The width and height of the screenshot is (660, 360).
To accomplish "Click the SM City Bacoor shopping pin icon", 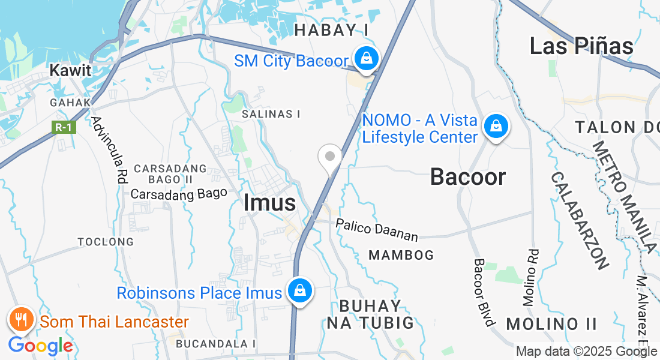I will (x=365, y=59).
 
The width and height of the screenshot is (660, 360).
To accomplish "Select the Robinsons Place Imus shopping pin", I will (x=299, y=292).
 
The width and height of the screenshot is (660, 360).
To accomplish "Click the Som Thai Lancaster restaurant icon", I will (x=22, y=320).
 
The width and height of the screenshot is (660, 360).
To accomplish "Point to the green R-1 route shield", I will (x=64, y=127).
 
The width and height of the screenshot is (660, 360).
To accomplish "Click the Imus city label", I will (x=270, y=203).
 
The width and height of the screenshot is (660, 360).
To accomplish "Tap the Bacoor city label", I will (x=468, y=176).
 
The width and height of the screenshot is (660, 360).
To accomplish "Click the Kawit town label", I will (x=70, y=70).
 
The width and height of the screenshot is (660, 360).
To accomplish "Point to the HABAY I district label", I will (x=331, y=30).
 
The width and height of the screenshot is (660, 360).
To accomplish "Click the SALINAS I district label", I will (x=271, y=113).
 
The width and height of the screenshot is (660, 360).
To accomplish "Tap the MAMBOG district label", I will (x=401, y=255).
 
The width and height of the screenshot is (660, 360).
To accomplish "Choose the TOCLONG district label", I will (x=106, y=242).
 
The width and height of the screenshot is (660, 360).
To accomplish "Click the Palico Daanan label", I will (x=376, y=229).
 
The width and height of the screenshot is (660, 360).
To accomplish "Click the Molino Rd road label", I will (x=531, y=278).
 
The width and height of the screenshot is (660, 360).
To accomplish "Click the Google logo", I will (x=40, y=346).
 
